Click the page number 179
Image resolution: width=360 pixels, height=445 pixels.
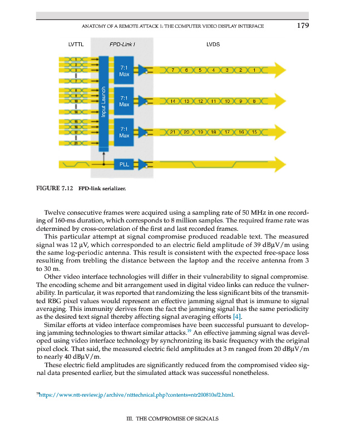(302, 25)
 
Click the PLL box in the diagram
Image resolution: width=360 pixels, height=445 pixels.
(124, 164)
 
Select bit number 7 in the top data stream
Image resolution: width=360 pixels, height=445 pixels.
(174, 70)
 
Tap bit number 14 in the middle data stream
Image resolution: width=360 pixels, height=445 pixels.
(174, 101)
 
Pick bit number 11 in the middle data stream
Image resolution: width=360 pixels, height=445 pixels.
(214, 101)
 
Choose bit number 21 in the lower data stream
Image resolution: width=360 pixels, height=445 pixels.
(174, 132)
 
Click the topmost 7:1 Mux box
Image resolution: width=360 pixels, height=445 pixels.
(124, 70)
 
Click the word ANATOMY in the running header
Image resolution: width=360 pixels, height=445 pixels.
(96, 26)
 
